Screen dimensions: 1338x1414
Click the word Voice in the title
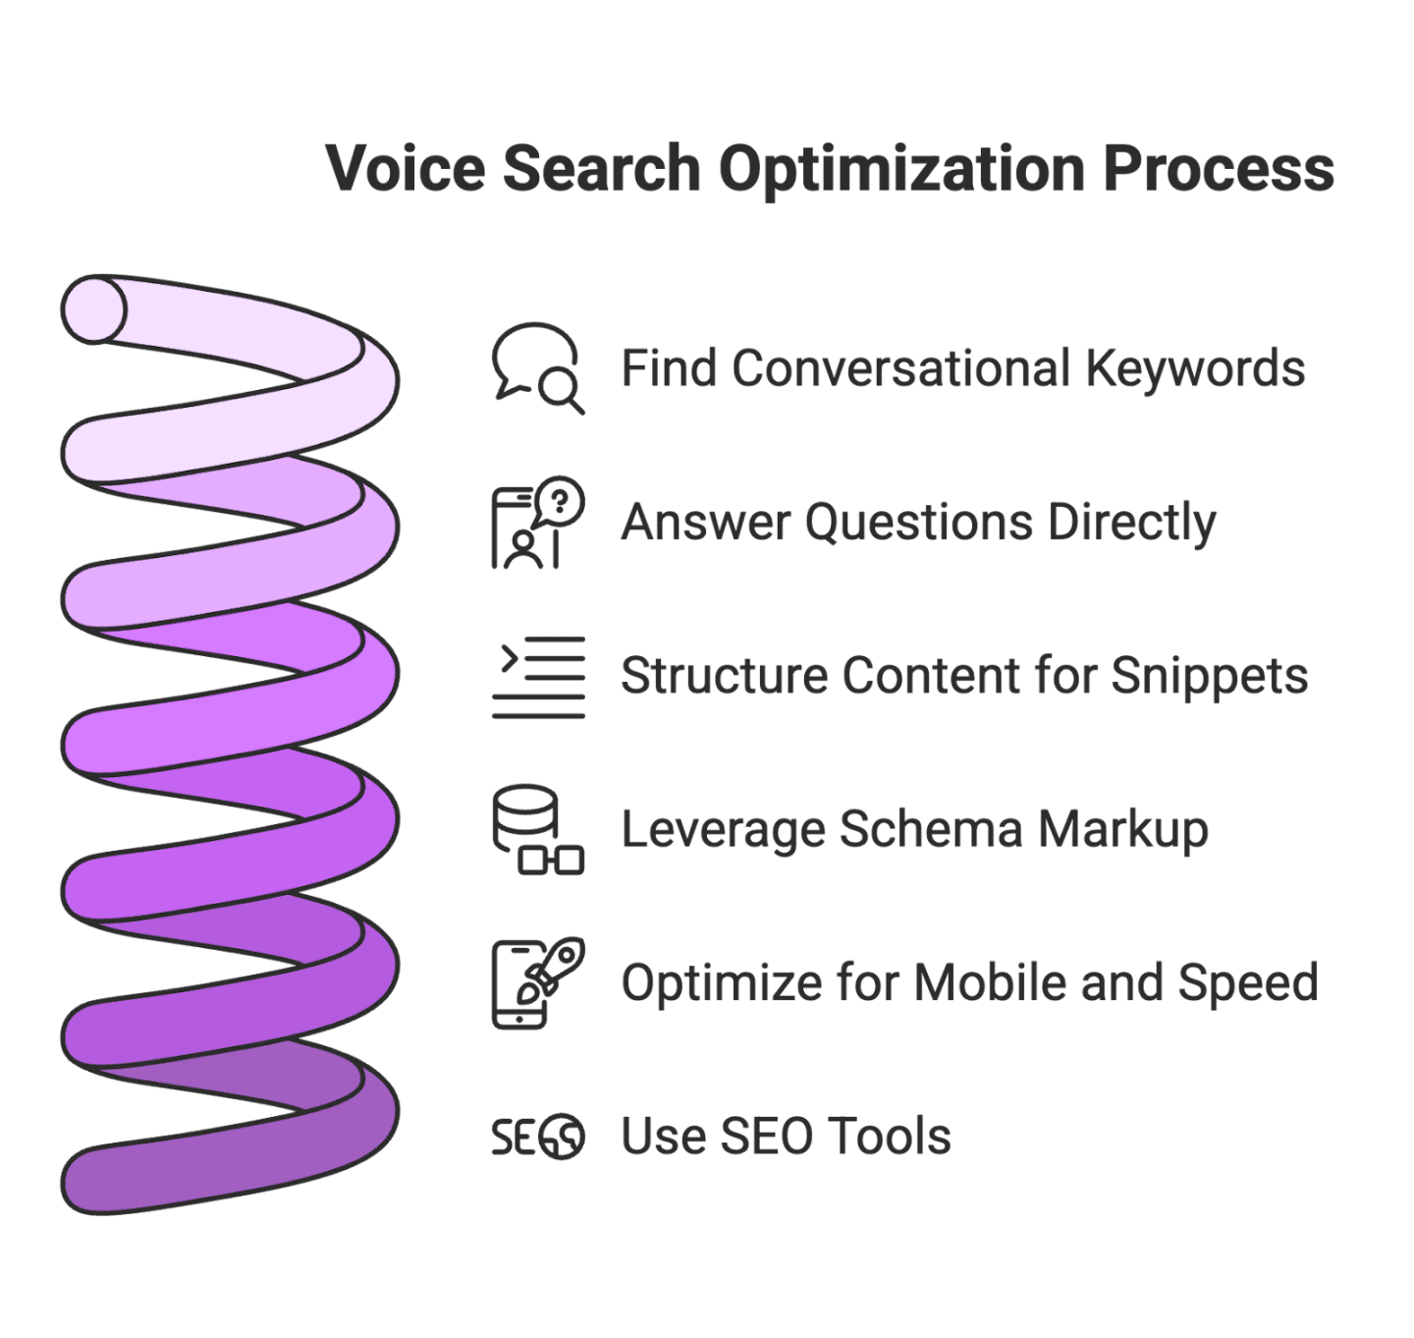[406, 168]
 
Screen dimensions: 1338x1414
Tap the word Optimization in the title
[901, 170]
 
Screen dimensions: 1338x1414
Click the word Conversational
[900, 368]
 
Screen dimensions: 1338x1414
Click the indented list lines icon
[538, 677]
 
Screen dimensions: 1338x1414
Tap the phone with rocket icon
[537, 982]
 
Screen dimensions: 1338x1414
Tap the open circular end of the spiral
[94, 309]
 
